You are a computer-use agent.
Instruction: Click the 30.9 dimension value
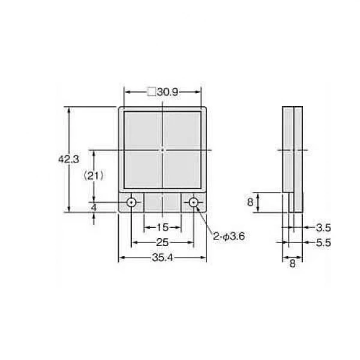tap(167, 92)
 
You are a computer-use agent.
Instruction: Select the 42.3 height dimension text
tap(68, 160)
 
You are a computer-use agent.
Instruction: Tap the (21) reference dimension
tap(94, 176)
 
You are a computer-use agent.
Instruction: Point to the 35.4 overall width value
tap(163, 257)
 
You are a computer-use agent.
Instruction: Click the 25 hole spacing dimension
tap(163, 242)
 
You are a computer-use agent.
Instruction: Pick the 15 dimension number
tap(163, 227)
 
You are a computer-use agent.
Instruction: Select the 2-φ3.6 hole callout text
tap(229, 236)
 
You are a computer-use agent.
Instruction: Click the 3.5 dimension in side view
tap(323, 228)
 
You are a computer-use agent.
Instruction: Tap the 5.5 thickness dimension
tap(323, 242)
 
